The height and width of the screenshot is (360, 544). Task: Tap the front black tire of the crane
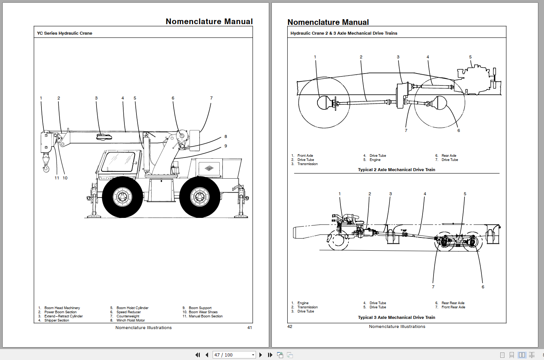tap(123, 197)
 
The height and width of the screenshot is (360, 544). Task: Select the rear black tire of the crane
tap(200, 197)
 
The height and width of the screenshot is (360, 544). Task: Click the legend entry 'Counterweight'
tap(128, 316)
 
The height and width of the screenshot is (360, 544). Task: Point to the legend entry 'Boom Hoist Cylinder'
tap(132, 308)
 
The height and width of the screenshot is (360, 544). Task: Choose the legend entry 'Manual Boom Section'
tap(205, 316)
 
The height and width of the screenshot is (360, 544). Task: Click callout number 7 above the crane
tap(211, 98)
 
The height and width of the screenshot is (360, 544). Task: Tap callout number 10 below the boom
tap(65, 178)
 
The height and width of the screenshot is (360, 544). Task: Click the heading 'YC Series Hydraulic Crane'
tap(64, 33)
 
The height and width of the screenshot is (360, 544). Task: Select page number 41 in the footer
tap(250, 328)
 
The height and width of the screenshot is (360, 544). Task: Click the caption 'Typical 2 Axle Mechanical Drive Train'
tap(396, 170)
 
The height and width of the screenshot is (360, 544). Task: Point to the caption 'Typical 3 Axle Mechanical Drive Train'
tap(396, 317)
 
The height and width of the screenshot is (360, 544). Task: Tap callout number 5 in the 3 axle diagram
tap(465, 194)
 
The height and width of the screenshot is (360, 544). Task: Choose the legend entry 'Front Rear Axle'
tap(453, 307)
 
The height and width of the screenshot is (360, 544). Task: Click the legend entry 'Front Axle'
tap(305, 156)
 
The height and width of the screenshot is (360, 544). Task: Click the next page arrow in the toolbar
tap(261, 355)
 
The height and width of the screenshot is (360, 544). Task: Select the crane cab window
tap(118, 162)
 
